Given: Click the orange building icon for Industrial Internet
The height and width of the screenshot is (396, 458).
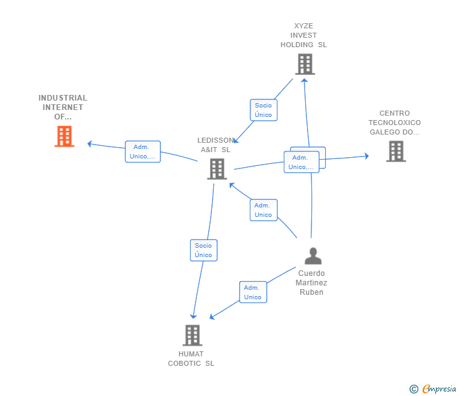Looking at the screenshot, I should click(x=64, y=136).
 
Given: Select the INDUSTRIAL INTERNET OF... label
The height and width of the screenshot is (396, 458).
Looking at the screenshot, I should click(x=63, y=107).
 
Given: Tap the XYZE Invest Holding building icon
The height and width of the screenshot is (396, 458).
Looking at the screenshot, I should click(x=304, y=64).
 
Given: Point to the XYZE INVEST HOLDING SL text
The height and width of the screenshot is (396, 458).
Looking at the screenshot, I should click(x=304, y=36).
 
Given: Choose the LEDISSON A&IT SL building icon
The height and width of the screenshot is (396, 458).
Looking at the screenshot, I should click(x=216, y=168).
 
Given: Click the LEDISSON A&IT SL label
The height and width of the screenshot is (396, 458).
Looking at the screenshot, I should click(x=215, y=145).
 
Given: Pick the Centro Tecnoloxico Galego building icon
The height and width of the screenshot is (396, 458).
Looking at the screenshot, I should click(x=396, y=151).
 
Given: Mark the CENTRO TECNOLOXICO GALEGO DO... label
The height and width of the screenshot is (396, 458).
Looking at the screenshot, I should click(x=394, y=123).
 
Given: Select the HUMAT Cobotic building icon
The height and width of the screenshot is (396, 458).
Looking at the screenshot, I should click(x=193, y=335).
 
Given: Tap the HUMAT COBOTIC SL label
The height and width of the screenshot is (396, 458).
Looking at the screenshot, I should click(x=191, y=358).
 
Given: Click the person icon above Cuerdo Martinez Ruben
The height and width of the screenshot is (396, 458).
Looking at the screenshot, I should click(x=313, y=256).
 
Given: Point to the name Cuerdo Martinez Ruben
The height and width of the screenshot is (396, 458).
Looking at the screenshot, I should click(x=311, y=283).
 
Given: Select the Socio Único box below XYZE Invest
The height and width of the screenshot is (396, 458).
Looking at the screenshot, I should click(x=264, y=110).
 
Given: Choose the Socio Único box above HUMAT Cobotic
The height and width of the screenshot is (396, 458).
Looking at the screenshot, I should click(x=203, y=250).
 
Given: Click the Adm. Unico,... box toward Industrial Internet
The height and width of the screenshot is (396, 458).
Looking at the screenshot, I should click(x=143, y=151).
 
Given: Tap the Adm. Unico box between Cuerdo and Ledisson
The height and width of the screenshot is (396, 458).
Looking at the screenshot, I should click(x=263, y=210).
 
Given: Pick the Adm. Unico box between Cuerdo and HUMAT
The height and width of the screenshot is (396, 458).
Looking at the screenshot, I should click(x=252, y=292).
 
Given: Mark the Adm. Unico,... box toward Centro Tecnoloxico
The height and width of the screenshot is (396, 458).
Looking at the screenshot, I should click(x=301, y=162).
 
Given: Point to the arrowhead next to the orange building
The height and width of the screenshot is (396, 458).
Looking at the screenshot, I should click(x=89, y=144).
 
